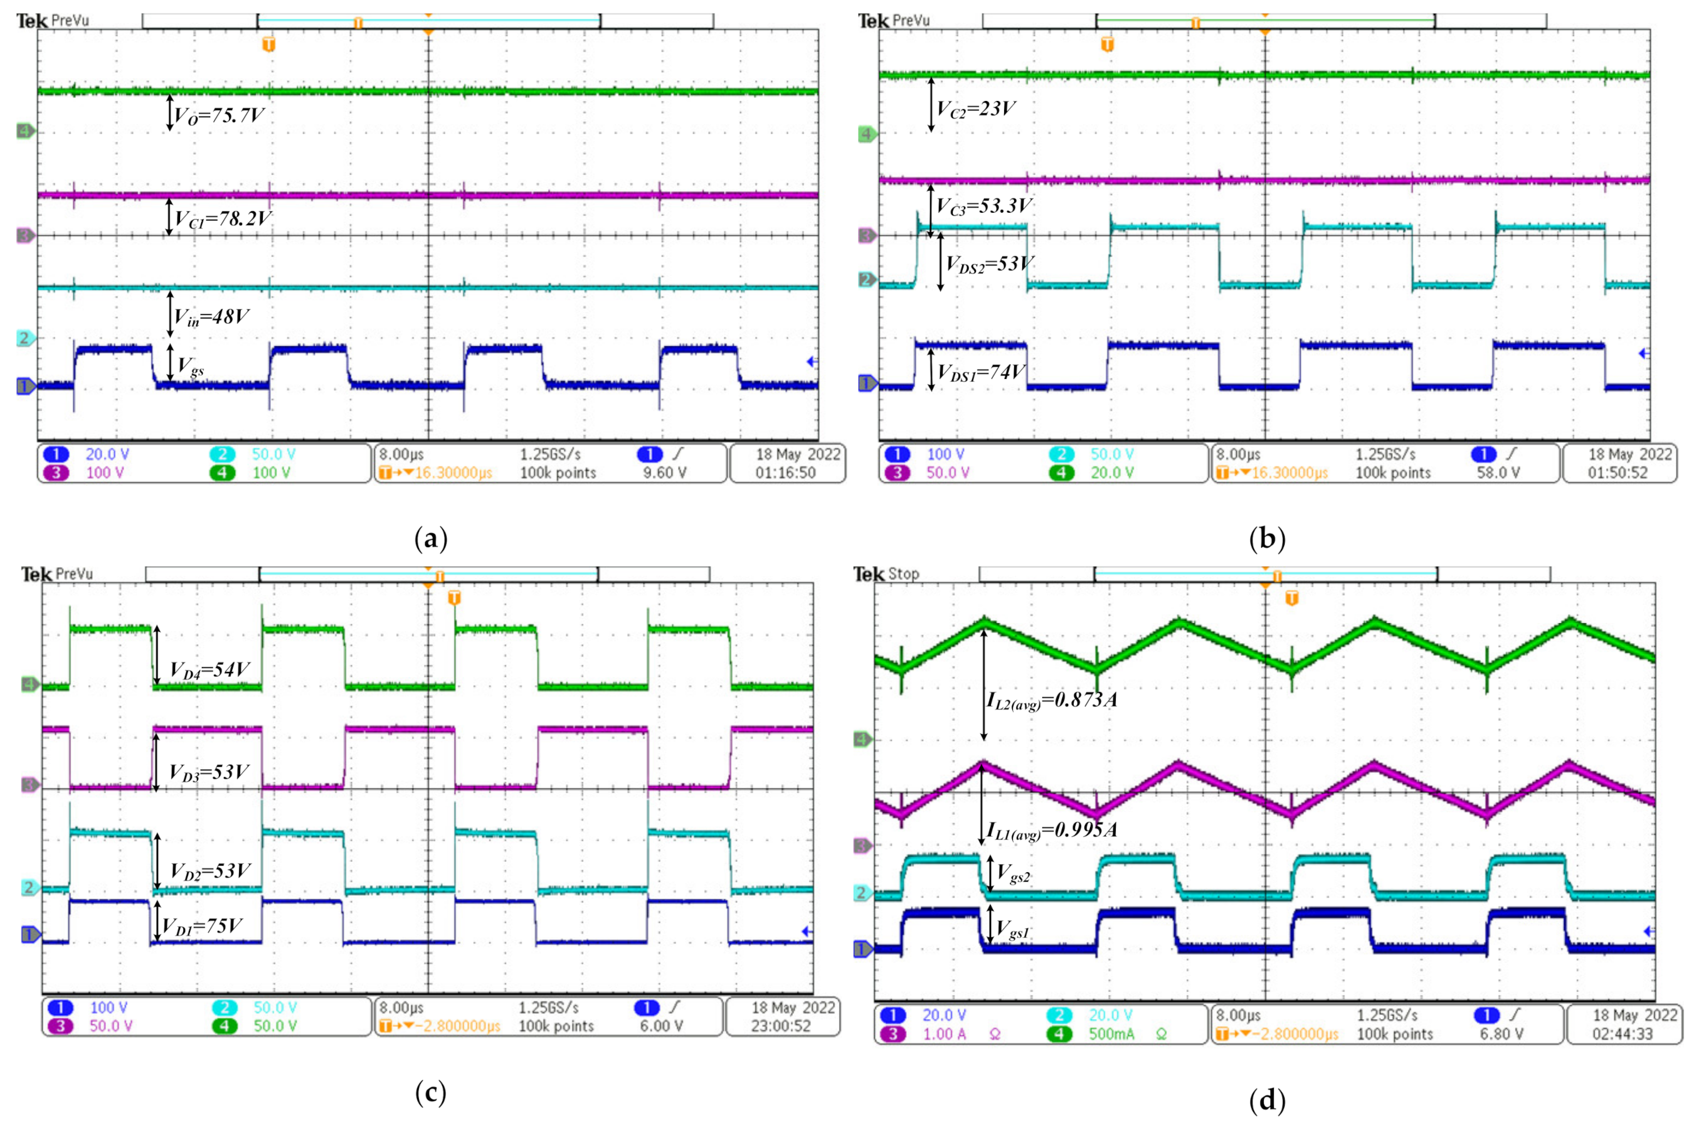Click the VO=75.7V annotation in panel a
(219, 115)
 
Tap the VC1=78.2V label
(223, 218)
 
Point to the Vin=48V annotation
(212, 317)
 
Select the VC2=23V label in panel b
(976, 110)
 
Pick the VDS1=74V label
(982, 373)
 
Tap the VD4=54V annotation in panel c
(209, 669)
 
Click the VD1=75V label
(203, 926)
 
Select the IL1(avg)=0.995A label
(1052, 830)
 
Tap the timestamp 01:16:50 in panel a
(785, 472)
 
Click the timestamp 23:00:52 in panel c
(780, 1026)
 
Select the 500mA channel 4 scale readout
(1111, 1034)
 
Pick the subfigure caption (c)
(430, 1093)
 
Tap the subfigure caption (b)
(1266, 538)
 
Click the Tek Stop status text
(886, 573)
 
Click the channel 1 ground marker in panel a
(26, 386)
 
